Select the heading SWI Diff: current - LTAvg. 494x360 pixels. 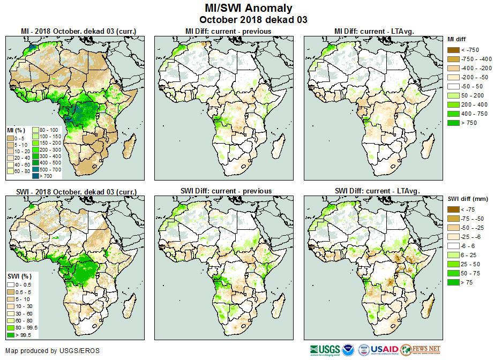tap(377, 191)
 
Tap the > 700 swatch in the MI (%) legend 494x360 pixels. tap(36, 176)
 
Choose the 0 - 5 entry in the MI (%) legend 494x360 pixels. tap(11, 138)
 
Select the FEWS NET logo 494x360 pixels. tap(421, 350)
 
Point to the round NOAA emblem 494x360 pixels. tap(348, 350)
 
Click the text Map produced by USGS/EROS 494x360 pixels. tap(53, 351)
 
